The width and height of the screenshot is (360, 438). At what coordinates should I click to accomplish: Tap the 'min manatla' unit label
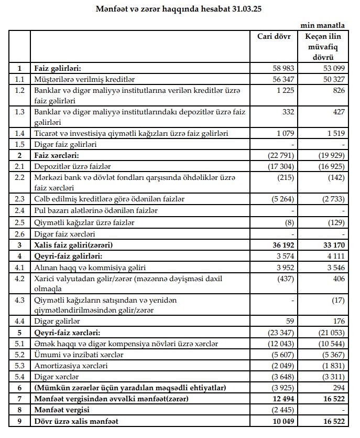323,25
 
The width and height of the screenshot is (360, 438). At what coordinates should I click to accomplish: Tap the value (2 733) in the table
330,199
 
